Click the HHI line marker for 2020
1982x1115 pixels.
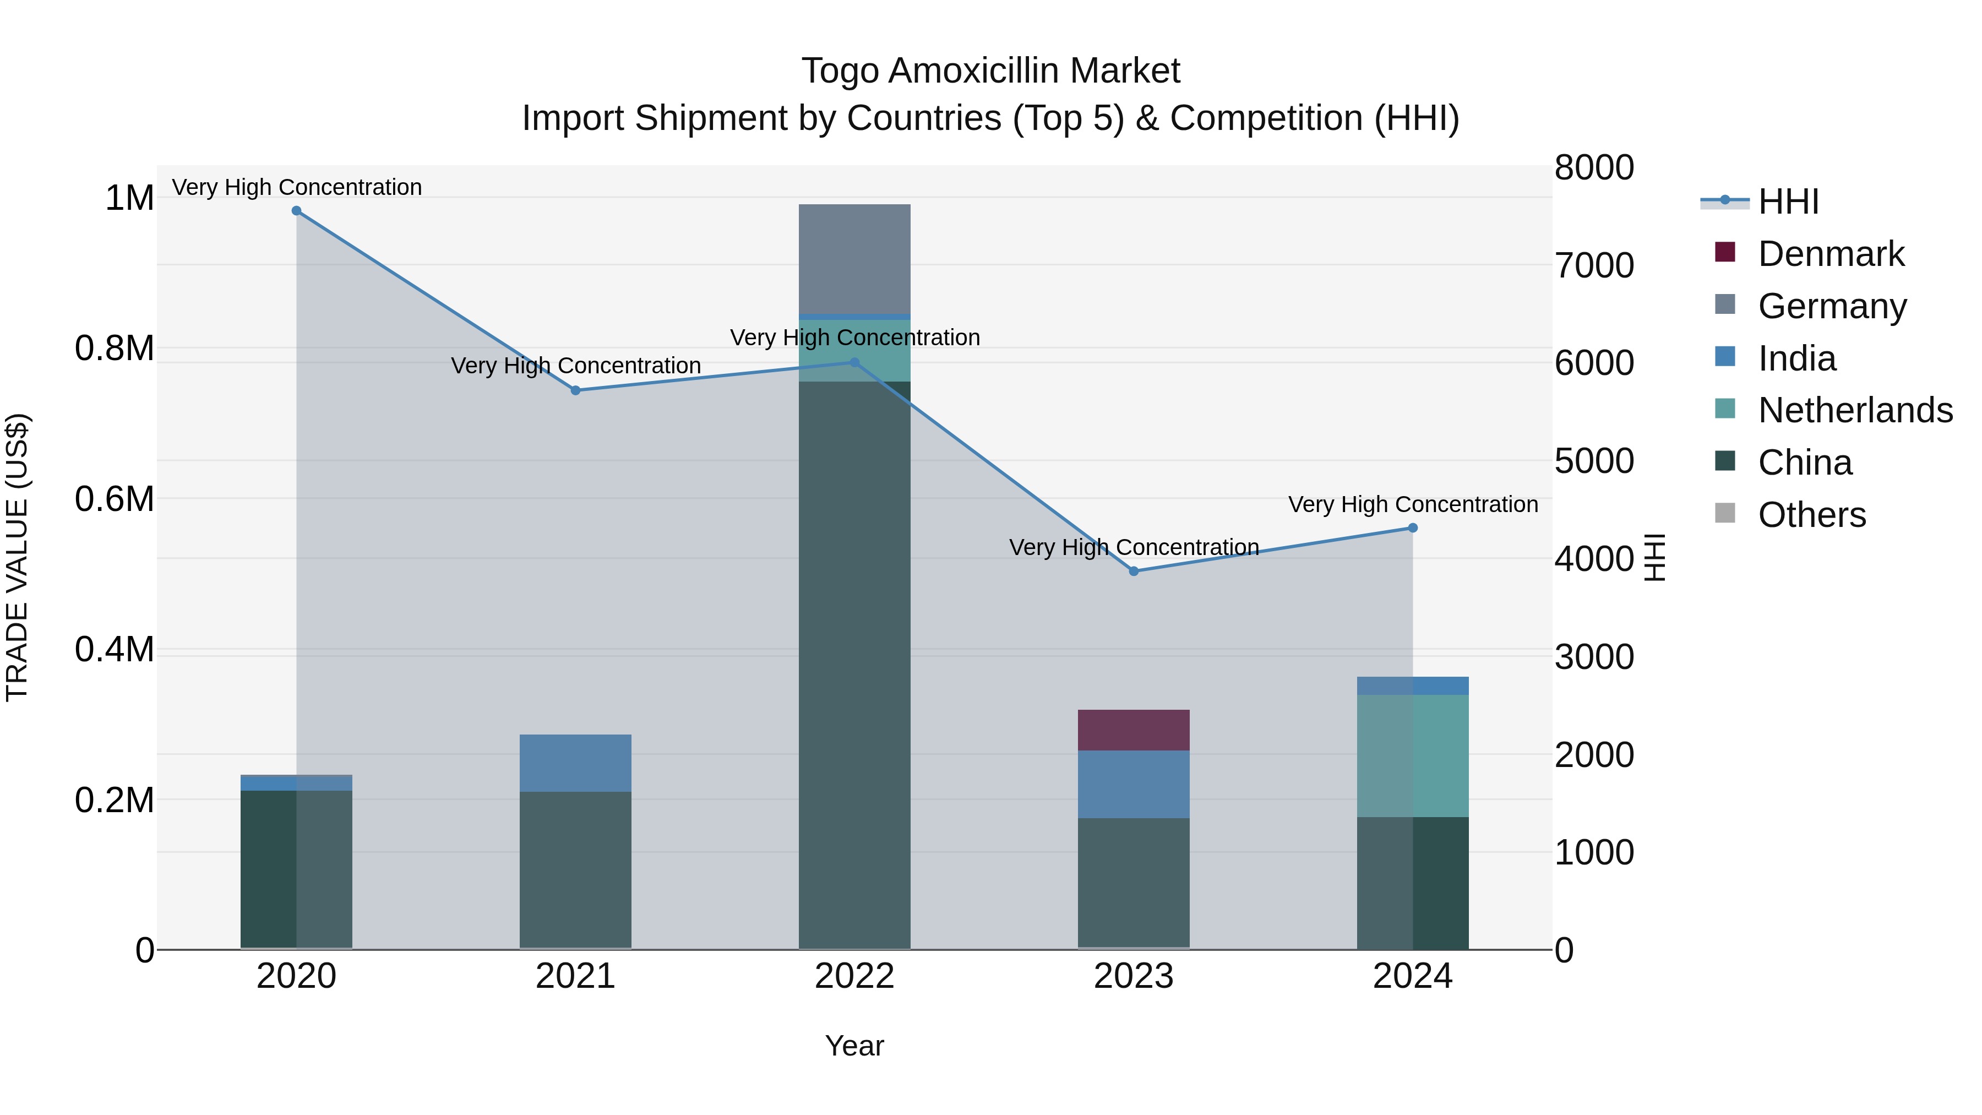coord(296,211)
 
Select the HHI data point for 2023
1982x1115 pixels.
coord(1134,571)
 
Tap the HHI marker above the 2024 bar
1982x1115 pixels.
coord(1413,528)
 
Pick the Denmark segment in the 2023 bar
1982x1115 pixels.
coord(1134,730)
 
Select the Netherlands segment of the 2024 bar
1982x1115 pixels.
coord(1413,755)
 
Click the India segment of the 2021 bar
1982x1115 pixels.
coord(575,763)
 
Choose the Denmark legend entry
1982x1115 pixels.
coord(1831,254)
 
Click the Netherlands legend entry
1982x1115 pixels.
coord(1855,410)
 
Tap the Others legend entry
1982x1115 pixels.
coord(1811,515)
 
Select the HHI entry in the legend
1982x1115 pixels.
coord(1788,202)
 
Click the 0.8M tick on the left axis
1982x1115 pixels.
coord(115,349)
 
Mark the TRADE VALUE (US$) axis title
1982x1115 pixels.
coord(17,557)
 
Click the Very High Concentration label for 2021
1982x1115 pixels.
coord(575,366)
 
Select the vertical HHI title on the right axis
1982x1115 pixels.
coord(1654,557)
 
